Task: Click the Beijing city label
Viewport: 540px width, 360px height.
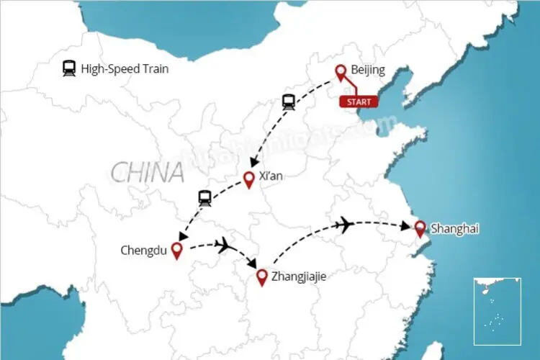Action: pyautogui.click(x=368, y=70)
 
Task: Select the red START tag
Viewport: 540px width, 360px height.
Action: pyautogui.click(x=359, y=102)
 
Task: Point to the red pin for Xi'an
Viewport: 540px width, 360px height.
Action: pyautogui.click(x=249, y=179)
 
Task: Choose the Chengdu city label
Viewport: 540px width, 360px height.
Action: pyautogui.click(x=144, y=251)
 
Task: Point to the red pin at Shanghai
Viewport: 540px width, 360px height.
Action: pyautogui.click(x=420, y=228)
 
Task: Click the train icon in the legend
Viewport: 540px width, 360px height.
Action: pyautogui.click(x=69, y=69)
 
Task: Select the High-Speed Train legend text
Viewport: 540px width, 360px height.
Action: pyautogui.click(x=125, y=69)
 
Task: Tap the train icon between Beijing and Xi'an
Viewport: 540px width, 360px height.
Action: pyautogui.click(x=289, y=102)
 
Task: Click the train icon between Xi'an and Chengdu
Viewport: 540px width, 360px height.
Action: pyautogui.click(x=204, y=198)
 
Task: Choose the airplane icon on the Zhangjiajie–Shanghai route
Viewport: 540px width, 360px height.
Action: pyautogui.click(x=344, y=225)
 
